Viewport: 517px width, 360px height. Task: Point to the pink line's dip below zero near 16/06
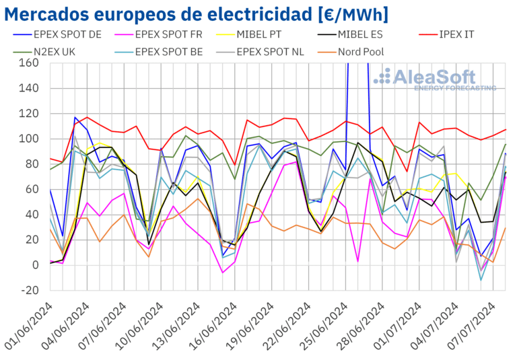pos(223,273)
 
